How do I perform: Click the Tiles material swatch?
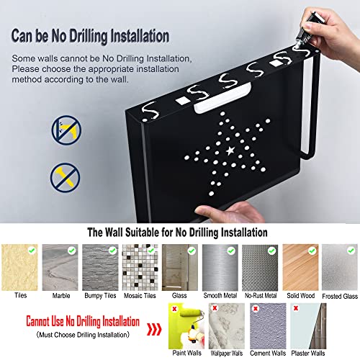click(x=19, y=264)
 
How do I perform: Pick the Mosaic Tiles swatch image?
click(x=139, y=264)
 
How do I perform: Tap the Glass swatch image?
click(x=179, y=264)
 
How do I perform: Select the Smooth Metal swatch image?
click(x=220, y=264)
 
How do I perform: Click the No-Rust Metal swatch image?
click(x=259, y=264)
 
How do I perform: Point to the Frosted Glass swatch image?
click(x=339, y=264)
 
